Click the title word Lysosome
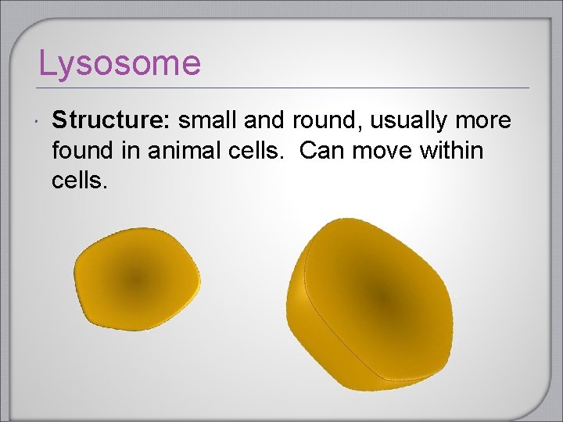[x=120, y=63]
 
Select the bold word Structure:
[x=112, y=120]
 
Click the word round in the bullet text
[x=326, y=120]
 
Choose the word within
[x=452, y=150]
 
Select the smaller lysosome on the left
[x=136, y=279]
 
